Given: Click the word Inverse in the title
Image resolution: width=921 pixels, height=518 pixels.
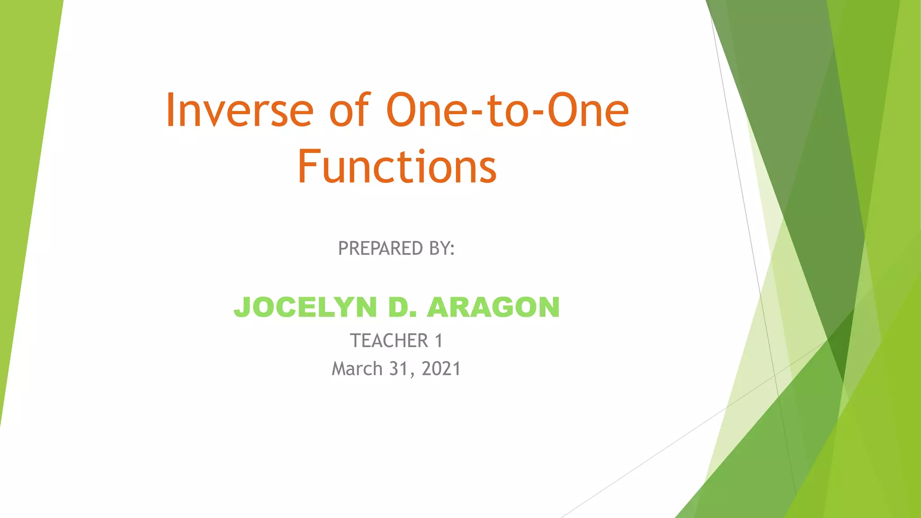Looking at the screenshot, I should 240,111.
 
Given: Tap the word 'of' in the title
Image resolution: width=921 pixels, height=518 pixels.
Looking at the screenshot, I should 349,111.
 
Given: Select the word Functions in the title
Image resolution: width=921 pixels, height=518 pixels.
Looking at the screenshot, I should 397,167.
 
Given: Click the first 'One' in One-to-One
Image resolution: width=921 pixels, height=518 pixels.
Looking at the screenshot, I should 429,111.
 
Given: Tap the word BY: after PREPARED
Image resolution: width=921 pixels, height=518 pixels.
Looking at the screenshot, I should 442,249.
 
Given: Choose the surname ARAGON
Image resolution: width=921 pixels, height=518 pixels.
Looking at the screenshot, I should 493,308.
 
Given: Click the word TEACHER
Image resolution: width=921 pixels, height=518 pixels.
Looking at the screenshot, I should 389,341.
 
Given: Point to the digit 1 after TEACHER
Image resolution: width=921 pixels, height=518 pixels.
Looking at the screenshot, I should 439,341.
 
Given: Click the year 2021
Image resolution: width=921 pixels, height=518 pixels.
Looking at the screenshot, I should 441,369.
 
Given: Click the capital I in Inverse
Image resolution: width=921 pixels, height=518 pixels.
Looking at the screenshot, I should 170,111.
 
